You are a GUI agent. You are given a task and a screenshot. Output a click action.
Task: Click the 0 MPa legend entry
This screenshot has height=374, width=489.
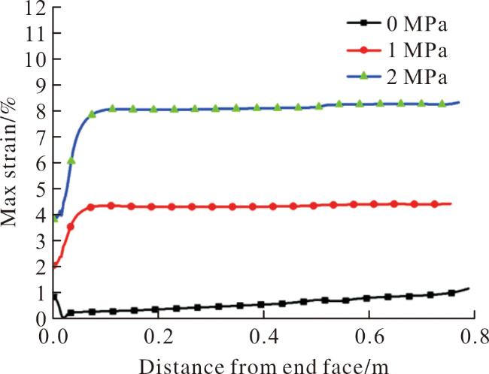point(397,24)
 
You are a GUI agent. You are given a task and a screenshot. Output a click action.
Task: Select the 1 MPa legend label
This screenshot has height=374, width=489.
point(418,50)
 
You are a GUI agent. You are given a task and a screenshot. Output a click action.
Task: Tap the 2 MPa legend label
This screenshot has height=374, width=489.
point(418,77)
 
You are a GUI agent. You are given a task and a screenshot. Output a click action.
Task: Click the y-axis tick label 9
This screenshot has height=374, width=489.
point(41,85)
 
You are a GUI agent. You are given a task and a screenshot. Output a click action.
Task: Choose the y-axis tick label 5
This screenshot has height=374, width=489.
point(41,189)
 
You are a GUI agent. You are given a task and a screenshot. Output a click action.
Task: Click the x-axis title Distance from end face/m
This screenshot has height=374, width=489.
point(263,366)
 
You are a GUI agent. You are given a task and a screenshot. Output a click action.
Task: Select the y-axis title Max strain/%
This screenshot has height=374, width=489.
point(8,162)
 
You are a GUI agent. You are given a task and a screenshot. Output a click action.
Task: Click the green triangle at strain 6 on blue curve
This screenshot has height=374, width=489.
point(71,161)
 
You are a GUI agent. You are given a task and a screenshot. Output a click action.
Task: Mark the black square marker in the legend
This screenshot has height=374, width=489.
point(363,23)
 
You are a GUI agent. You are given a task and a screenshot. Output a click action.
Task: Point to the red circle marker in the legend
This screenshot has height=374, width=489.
point(363,50)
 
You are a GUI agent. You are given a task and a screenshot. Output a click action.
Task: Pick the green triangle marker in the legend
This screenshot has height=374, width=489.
point(363,77)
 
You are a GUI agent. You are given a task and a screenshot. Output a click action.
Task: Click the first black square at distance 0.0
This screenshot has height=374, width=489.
point(55,296)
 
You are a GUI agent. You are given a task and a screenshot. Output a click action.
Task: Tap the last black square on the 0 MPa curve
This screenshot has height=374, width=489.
point(451,293)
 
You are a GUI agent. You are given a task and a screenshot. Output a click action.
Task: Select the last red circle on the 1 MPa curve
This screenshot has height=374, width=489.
point(435,204)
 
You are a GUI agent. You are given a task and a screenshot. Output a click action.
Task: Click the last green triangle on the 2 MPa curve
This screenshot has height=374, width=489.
point(442,104)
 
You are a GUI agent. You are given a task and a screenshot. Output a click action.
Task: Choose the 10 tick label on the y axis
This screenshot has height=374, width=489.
point(35,59)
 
